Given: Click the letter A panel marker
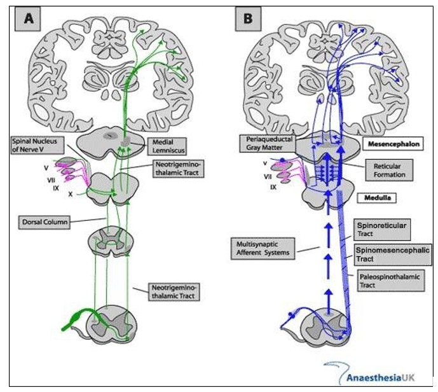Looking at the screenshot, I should [29, 19].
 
